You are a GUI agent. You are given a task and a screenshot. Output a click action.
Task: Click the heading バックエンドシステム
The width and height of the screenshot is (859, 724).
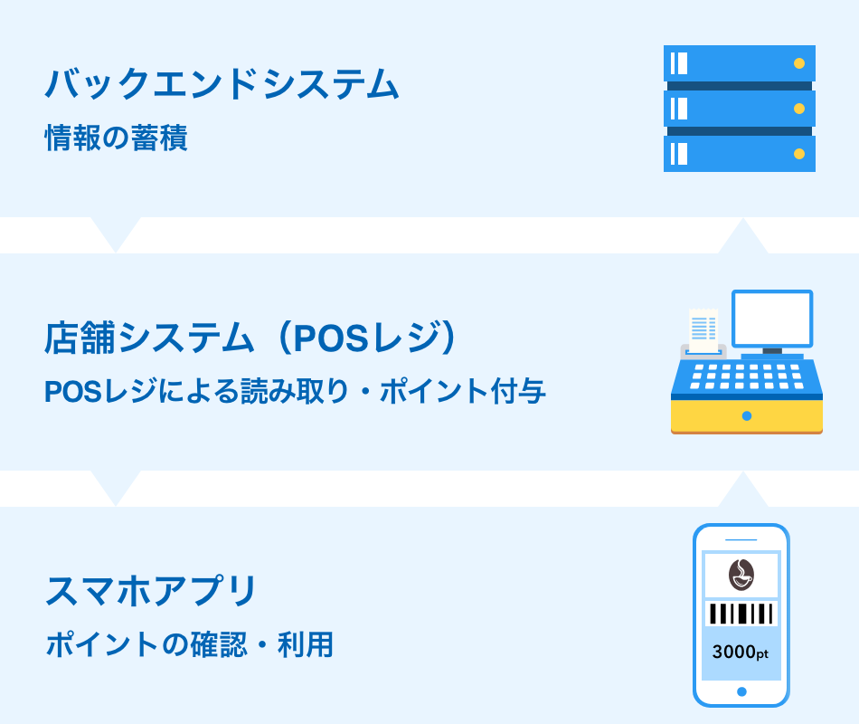222,84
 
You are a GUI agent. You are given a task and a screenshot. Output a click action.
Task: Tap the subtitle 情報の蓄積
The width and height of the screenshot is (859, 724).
116,138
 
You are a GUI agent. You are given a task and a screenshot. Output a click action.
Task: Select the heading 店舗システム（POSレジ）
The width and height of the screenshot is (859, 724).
250,338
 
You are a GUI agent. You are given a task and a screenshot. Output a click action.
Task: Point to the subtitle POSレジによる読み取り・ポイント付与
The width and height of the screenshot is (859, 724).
295,391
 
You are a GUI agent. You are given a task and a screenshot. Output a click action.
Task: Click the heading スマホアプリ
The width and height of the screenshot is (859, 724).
151,591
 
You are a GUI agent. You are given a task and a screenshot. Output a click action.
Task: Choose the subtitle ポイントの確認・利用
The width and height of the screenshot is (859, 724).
190,644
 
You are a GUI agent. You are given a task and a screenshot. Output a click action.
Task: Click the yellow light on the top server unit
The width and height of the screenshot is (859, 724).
799,63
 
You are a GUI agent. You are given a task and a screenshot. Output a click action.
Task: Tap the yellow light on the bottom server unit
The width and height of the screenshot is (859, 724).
799,154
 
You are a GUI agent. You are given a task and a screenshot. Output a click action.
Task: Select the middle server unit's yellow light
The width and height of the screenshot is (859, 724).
799,109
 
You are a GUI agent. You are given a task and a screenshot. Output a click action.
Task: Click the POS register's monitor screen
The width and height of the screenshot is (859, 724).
772,319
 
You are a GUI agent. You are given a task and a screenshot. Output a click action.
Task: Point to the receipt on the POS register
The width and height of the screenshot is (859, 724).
703,330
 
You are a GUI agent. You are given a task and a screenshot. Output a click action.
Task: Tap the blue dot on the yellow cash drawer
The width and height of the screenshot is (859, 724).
747,416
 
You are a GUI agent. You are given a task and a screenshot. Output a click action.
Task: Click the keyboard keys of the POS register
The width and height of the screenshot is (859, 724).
747,376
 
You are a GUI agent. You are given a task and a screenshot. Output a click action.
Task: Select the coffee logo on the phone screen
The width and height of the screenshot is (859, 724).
741,575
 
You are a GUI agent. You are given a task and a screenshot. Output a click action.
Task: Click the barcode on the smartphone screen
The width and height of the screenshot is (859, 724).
741,614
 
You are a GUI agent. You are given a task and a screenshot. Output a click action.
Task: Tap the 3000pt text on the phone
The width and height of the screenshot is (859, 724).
741,653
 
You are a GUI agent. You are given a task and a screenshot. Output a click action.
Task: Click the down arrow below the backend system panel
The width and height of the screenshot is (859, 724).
116,234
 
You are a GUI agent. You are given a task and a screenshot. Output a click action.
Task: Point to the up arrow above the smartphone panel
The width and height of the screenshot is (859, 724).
743,490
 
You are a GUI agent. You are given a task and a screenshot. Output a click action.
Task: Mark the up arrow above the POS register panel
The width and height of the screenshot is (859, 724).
743,236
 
